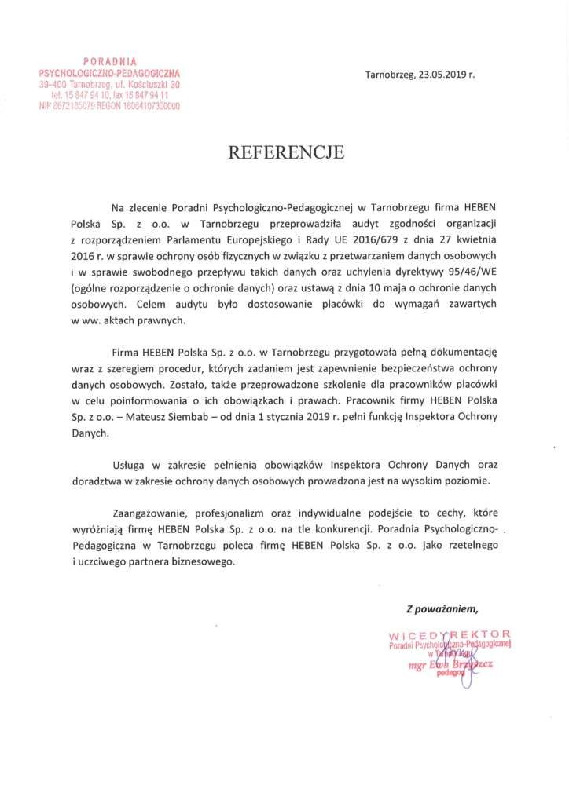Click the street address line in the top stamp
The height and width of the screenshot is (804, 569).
110,83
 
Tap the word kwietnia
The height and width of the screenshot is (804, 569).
478,238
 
